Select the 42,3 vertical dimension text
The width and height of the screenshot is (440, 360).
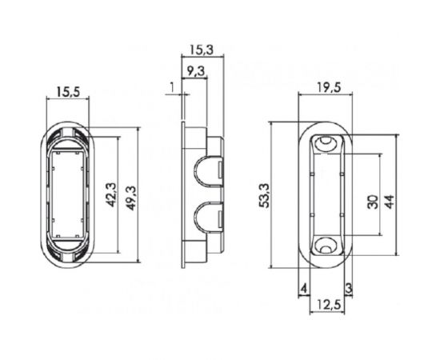pyautogui.click(x=110, y=194)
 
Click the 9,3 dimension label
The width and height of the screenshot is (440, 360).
pyautogui.click(x=195, y=71)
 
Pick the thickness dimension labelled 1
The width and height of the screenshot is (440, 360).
pyautogui.click(x=171, y=86)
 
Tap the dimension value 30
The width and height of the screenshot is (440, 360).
pyautogui.click(x=372, y=201)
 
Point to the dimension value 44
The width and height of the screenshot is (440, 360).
pyautogui.click(x=390, y=201)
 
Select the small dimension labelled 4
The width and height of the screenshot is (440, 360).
pyautogui.click(x=304, y=287)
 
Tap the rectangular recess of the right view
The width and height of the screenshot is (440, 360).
pyautogui.click(x=326, y=195)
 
